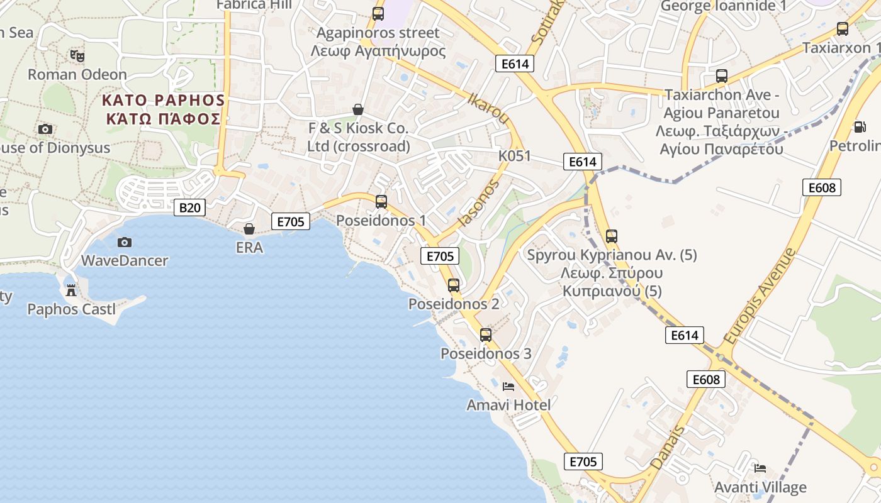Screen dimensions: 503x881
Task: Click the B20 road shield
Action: [x=189, y=207]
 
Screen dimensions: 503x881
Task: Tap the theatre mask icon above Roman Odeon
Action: [x=77, y=56]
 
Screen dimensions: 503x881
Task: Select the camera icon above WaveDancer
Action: [x=125, y=242]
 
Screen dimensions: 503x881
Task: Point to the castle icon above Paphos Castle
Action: [x=71, y=290]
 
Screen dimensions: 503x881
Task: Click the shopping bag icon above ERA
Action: [x=249, y=229]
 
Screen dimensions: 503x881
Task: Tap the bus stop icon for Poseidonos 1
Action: [x=381, y=202]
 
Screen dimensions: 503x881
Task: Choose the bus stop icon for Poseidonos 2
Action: [x=453, y=285]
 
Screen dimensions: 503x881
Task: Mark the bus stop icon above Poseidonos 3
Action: [x=485, y=335]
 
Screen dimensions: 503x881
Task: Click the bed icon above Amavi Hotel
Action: [x=508, y=387]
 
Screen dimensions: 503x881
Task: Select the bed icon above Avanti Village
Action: [x=760, y=468]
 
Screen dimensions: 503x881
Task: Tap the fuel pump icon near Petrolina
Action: [x=858, y=127]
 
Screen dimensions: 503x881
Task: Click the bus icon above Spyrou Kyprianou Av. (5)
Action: [x=611, y=237]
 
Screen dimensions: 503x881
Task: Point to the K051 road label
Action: [x=514, y=156]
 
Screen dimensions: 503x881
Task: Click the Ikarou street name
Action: [x=489, y=108]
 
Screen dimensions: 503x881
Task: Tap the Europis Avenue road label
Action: [x=760, y=296]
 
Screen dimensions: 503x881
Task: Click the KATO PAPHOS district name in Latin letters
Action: [x=163, y=100]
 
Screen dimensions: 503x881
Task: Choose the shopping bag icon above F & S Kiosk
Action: [x=358, y=109]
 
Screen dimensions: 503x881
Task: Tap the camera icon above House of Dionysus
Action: [x=45, y=130]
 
